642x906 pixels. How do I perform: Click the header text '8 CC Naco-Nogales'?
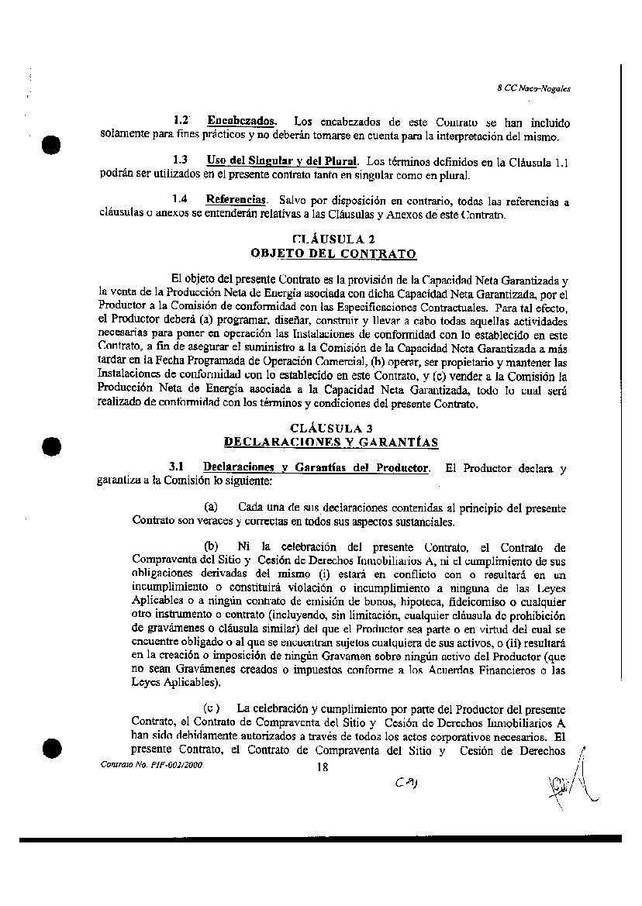533,89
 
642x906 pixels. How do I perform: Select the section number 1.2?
182,121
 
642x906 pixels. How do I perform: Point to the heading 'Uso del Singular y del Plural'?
282,160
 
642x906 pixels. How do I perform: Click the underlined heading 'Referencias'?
236,200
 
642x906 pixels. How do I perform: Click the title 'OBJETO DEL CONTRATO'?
333,253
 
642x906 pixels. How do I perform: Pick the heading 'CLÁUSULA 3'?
331,428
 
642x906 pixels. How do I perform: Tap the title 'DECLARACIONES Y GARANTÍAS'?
331,442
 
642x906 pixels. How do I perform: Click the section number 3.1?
176,467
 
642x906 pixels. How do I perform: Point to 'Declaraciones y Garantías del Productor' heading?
316,467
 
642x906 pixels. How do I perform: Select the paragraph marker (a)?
209,507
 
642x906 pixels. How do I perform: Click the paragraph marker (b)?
210,546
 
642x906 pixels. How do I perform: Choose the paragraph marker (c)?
211,708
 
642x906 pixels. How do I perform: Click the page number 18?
323,767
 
